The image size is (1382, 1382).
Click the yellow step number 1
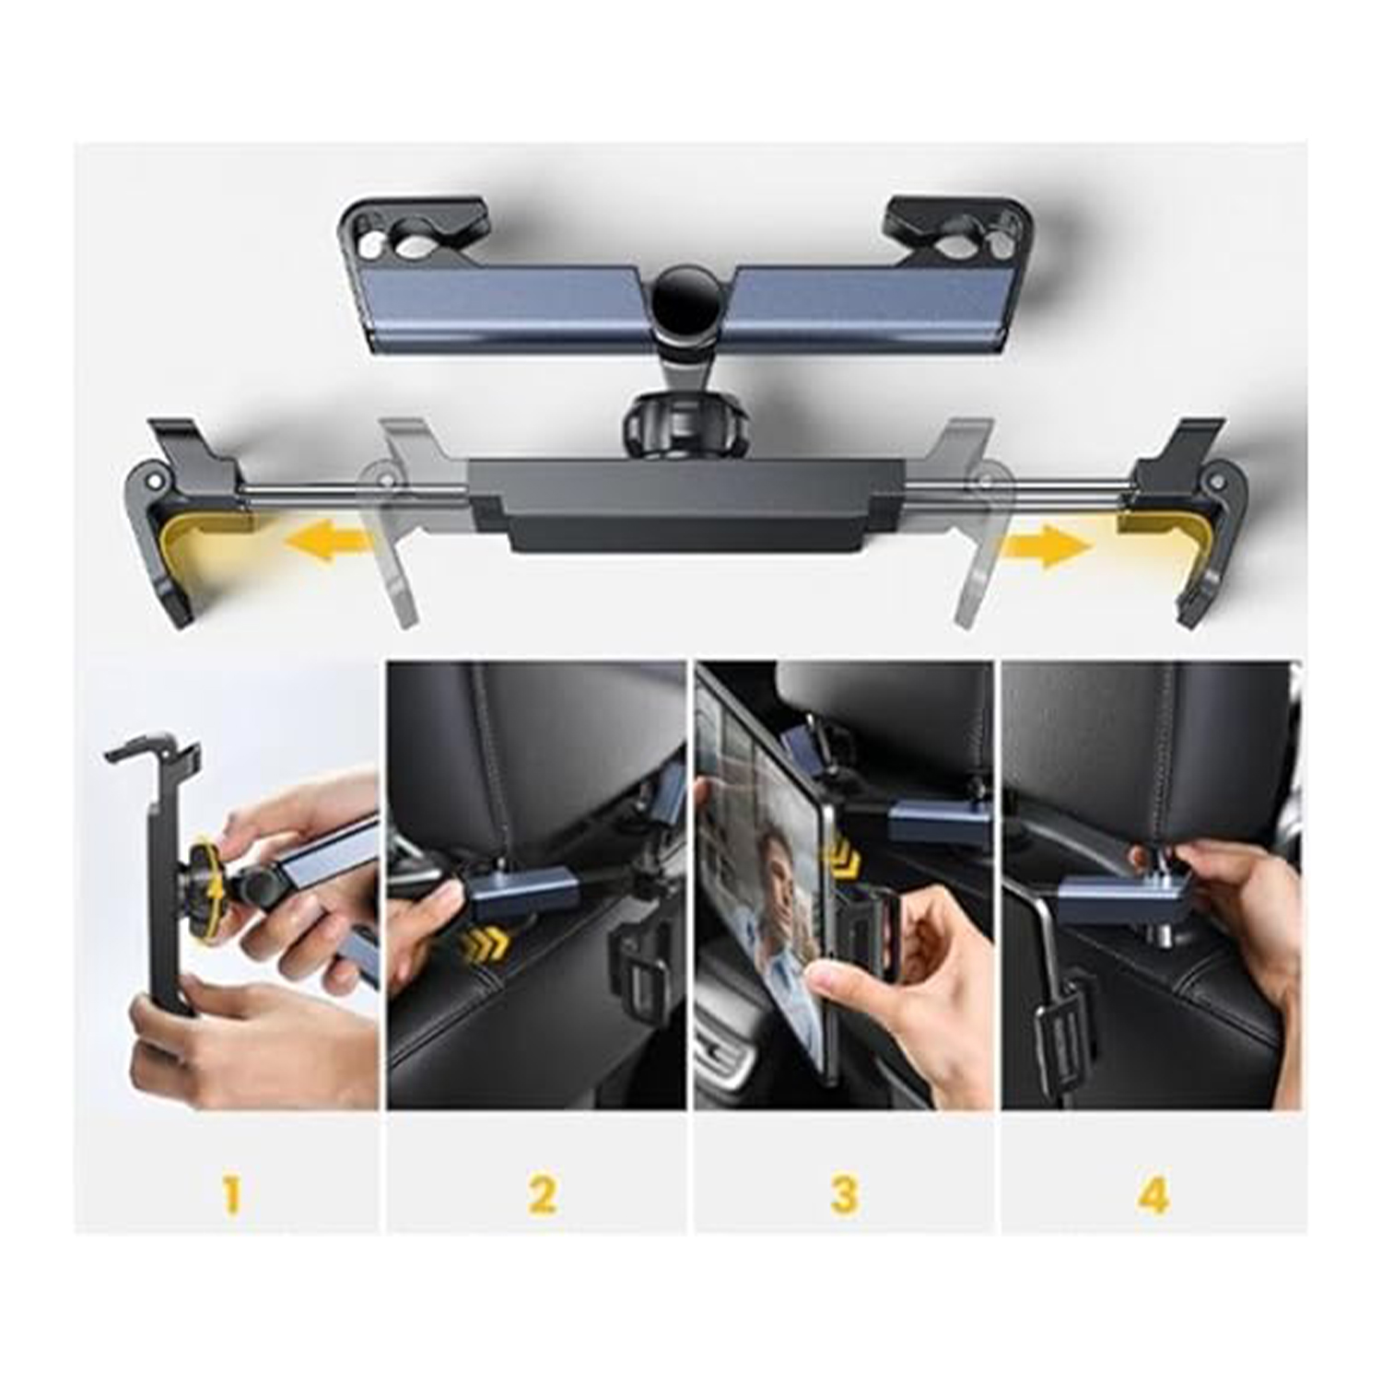[231, 1196]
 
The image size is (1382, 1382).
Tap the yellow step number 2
[542, 1196]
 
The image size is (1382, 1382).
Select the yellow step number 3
[843, 1196]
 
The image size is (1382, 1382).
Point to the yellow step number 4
[1154, 1196]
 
